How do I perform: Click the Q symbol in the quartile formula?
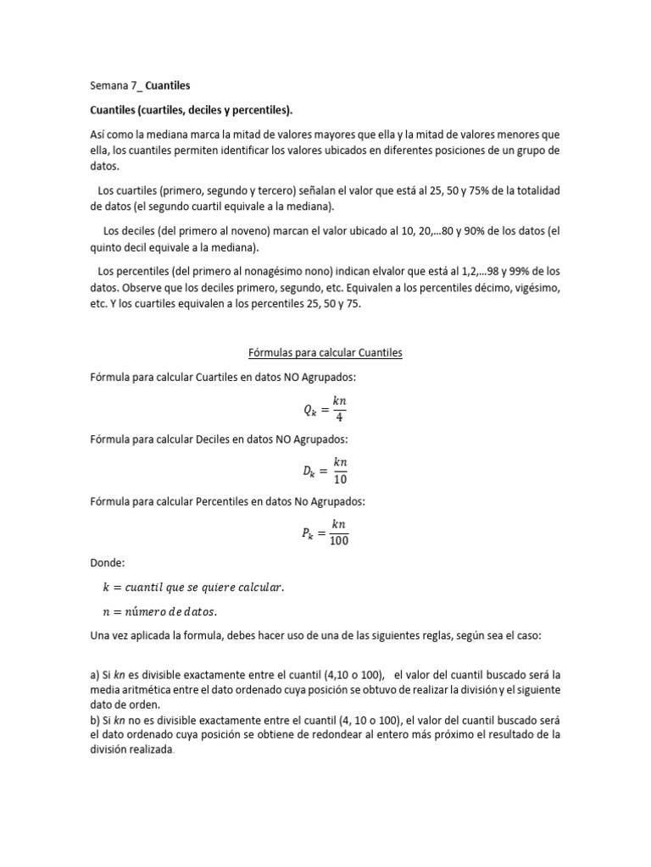(309, 411)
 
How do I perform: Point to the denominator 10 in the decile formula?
(339, 478)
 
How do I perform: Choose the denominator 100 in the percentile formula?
(339, 541)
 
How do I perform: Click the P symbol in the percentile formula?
(307, 533)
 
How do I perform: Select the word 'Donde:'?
(106, 562)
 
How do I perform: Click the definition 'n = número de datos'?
(159, 610)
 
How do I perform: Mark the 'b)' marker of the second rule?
(95, 720)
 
